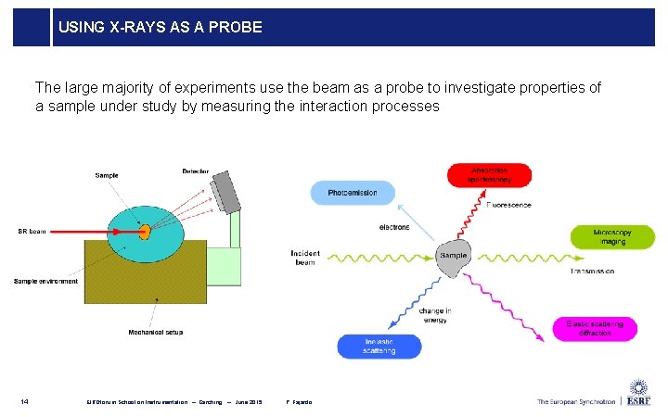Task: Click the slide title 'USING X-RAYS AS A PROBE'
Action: tap(161, 28)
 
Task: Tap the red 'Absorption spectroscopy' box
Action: tap(489, 175)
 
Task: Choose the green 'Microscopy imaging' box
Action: tap(612, 236)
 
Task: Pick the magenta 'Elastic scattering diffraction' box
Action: tap(601, 328)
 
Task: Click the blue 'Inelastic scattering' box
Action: tap(379, 347)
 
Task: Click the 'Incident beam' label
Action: tap(305, 257)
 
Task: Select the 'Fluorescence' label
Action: tap(510, 205)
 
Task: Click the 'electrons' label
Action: tap(394, 227)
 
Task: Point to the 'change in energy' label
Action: tap(435, 315)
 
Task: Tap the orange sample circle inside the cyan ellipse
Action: tap(144, 230)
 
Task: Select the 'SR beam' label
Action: tap(32, 231)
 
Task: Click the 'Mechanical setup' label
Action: tap(155, 332)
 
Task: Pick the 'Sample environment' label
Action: tap(46, 281)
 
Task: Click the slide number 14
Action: tap(25, 401)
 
